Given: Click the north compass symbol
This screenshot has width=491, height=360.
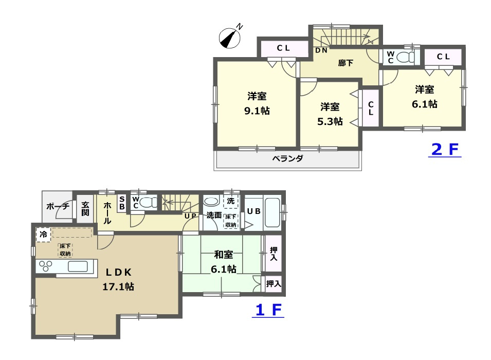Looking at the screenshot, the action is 230,37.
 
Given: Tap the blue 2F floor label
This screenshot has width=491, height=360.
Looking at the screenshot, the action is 445,150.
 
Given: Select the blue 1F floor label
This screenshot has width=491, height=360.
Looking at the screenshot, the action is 268,310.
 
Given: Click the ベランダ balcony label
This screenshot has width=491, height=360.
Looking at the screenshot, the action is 287,158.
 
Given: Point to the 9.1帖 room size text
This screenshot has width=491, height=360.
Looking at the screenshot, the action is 257,111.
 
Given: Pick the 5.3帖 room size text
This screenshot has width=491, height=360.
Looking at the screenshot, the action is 330,121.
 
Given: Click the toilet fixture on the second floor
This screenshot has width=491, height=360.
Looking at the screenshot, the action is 405,57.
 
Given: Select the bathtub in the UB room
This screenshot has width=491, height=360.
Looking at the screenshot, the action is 272,212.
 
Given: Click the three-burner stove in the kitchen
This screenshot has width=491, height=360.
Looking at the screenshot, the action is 46,266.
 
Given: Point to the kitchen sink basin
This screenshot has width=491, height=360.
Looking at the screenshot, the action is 78,266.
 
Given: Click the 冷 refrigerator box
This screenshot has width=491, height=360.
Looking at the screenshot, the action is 43,234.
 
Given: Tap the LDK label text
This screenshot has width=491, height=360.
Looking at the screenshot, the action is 118,272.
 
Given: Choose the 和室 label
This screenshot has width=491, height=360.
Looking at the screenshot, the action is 223,255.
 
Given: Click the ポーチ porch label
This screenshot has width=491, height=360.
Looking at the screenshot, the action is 58,206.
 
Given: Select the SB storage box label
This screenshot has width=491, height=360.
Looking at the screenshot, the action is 122,203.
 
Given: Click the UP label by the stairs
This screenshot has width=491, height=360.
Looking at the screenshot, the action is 190,216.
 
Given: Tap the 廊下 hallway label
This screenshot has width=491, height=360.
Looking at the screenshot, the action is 345,63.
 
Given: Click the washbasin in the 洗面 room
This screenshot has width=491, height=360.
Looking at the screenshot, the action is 212,201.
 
